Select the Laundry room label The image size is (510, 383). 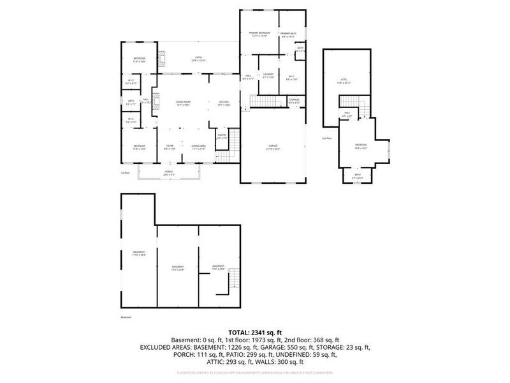[x=268, y=76]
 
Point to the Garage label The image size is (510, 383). [x=273, y=147]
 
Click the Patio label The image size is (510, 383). [x=198, y=59]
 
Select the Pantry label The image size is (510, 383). [x=222, y=136]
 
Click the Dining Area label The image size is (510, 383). [x=198, y=147]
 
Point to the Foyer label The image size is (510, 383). [x=170, y=147]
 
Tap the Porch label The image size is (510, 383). [x=169, y=172]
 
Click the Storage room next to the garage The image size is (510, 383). [x=294, y=101]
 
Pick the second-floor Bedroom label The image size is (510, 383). [x=361, y=146]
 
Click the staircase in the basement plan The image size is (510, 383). [x=233, y=282]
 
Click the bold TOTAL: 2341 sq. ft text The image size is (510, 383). [x=255, y=333]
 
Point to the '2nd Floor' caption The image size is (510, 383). [x=327, y=139]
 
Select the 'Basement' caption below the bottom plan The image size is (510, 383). [x=125, y=317]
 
